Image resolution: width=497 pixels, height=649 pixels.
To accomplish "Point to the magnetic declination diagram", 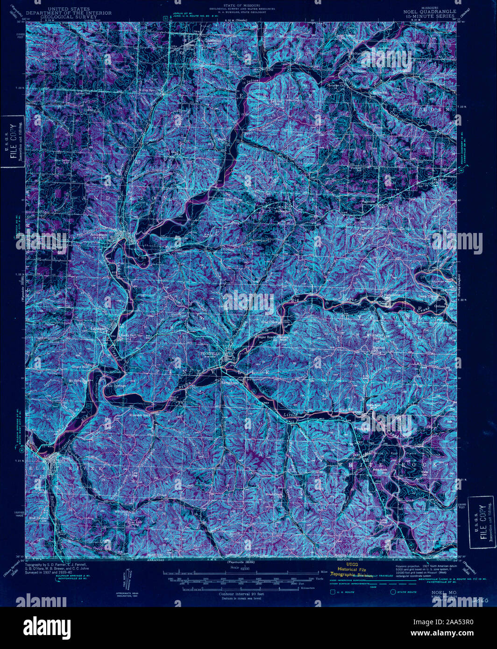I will pyautogui.click(x=130, y=579).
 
